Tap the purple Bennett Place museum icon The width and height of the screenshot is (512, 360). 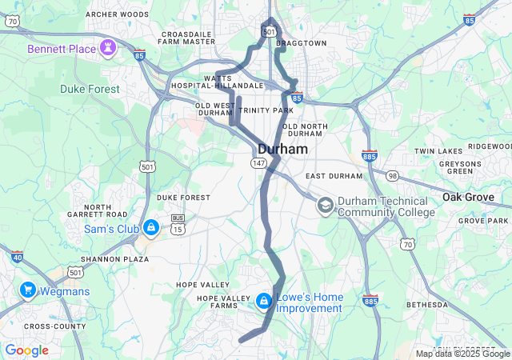click(107, 49)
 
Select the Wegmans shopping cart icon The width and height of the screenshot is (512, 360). click(29, 290)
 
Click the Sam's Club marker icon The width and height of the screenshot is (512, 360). click(150, 228)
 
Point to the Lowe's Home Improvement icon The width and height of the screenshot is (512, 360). click(263, 302)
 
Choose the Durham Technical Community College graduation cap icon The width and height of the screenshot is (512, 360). click(325, 206)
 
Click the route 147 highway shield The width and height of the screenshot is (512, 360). click(258, 162)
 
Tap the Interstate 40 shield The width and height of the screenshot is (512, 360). click(18, 257)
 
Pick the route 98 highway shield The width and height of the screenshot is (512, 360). click(392, 175)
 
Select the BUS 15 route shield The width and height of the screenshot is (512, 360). click(178, 224)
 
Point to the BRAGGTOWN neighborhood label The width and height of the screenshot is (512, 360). click(302, 43)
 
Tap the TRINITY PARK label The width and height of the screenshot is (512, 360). click(266, 110)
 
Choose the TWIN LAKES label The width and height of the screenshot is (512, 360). click(438, 151)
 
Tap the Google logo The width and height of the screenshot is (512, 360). click(26, 350)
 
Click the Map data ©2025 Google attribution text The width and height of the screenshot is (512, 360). click(462, 354)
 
